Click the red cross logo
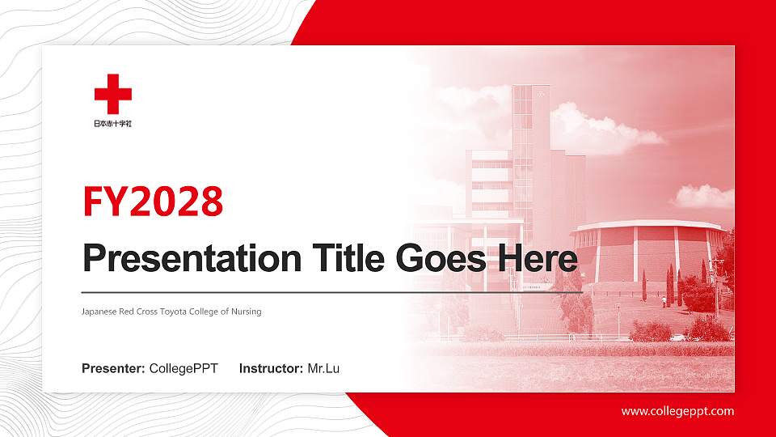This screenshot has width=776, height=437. pos(112,94)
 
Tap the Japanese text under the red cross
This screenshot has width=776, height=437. pos(112,124)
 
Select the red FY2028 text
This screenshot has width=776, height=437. pos(153,202)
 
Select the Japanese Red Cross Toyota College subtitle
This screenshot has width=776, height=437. pos(171,312)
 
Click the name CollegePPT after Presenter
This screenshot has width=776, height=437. pos(183,369)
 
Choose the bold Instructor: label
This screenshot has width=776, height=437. pos(272,369)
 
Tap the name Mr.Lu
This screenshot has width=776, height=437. pos(323,369)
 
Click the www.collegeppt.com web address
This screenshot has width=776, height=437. pos(677,411)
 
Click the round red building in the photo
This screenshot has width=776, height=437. pos(647,251)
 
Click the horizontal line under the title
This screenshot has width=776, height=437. pos(331,291)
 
